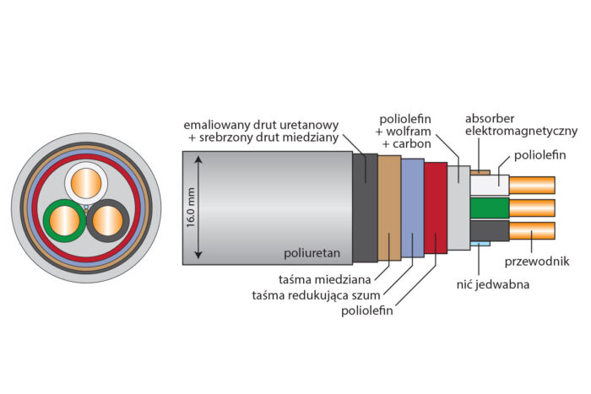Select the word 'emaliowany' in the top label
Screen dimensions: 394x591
coord(213,123)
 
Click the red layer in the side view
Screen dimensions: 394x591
coord(436,208)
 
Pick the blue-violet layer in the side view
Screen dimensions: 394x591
coord(412,208)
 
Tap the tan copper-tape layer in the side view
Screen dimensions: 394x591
coord(389,208)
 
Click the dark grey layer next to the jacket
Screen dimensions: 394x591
coord(366,208)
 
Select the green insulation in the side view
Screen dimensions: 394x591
coord(489,208)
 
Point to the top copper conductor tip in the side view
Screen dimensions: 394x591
coord(532,185)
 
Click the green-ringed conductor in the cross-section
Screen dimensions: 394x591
coord(65,221)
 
